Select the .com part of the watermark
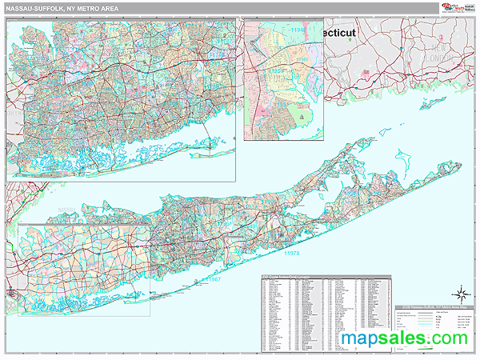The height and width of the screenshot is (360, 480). coord(445,339)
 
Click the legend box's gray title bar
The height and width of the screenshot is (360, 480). coord(435,306)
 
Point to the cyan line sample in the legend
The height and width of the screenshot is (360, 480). coord(416,318)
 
